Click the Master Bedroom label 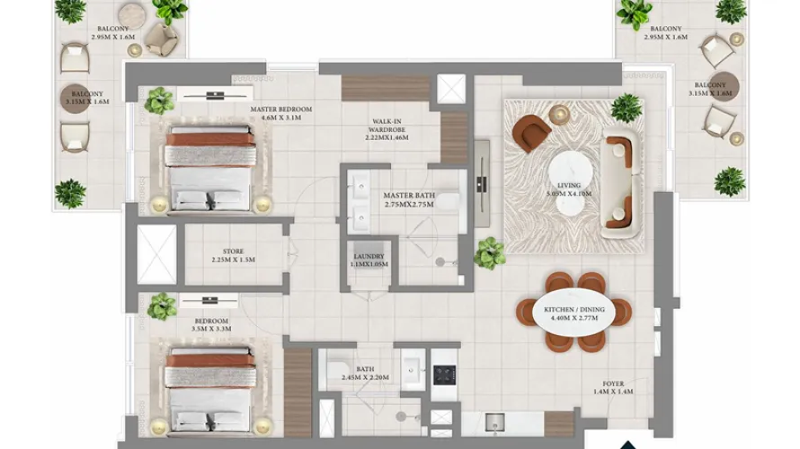tap(280, 110)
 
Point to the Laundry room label tap(369, 257)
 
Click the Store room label tap(234, 252)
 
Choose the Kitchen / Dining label tap(573, 310)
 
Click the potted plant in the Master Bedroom tap(159, 101)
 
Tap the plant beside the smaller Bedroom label tap(162, 307)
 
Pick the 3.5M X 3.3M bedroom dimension tap(211, 330)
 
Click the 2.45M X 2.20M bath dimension tap(365, 377)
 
